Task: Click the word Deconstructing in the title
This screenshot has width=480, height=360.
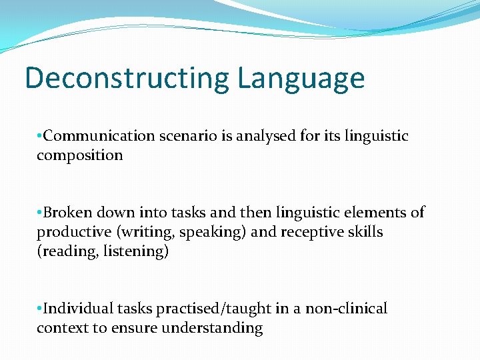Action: point(128,78)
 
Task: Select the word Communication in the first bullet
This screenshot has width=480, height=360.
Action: point(99,136)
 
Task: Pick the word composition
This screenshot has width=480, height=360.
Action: point(80,155)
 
